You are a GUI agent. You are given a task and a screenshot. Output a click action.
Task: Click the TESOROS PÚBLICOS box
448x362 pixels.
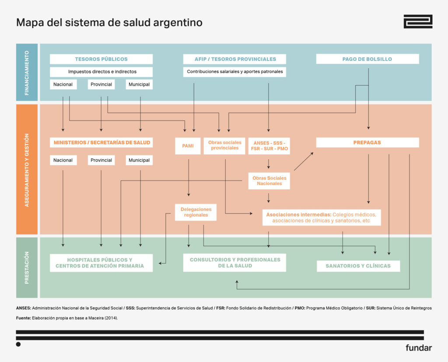(x=101, y=59)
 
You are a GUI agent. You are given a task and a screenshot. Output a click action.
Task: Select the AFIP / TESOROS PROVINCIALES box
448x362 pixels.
(x=234, y=59)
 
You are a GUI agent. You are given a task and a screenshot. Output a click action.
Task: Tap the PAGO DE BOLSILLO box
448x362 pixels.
(x=367, y=59)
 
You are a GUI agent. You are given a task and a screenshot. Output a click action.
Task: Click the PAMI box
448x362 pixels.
(x=188, y=146)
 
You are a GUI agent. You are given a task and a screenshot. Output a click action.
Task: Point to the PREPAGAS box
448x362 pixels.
(x=367, y=143)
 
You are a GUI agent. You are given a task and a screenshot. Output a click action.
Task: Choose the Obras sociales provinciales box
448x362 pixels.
(x=224, y=145)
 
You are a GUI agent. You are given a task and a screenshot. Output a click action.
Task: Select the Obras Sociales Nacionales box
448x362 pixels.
(x=269, y=181)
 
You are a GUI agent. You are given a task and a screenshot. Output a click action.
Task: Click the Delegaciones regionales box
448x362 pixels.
(x=196, y=212)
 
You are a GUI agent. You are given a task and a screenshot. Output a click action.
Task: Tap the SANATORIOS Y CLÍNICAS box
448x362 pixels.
(x=358, y=266)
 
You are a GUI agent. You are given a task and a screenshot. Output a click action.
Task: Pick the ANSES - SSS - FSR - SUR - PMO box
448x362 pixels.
(x=269, y=146)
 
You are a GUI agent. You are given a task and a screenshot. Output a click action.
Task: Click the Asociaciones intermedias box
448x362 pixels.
(x=321, y=217)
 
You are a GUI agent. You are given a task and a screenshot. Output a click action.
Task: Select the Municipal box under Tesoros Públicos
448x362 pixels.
(x=140, y=84)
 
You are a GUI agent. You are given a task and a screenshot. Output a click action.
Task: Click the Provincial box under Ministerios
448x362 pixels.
(x=101, y=160)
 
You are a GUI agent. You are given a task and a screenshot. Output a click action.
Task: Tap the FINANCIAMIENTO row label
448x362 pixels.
(x=27, y=73)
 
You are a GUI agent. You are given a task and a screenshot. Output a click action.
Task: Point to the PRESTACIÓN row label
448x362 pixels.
(x=27, y=268)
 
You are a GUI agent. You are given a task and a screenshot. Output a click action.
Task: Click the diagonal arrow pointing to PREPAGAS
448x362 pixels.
(x=304, y=161)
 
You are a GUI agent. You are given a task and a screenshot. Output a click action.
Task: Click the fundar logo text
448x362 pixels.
(x=418, y=348)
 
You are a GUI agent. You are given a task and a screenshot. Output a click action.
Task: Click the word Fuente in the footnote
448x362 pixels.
(x=23, y=318)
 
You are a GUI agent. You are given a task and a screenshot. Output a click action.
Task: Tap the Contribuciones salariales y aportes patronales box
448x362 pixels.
(x=234, y=72)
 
